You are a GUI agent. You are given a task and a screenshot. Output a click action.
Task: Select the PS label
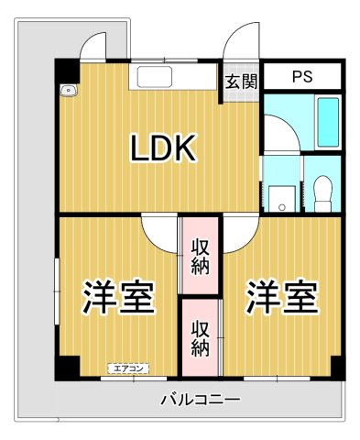301,77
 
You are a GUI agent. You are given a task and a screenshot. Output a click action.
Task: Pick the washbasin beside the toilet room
281,195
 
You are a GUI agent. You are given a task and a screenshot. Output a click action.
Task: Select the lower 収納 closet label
201,336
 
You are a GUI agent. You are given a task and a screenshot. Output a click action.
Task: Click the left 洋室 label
117,296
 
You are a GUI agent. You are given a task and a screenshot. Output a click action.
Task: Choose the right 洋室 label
281,296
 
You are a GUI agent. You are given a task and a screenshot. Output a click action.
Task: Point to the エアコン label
126,368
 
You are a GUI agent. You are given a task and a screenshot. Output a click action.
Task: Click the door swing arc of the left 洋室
161,233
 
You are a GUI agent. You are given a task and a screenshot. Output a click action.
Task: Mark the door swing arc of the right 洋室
237,233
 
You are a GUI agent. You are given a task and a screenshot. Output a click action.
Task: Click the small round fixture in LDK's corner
67,91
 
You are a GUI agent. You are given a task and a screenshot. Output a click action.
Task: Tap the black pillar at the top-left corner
65,70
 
